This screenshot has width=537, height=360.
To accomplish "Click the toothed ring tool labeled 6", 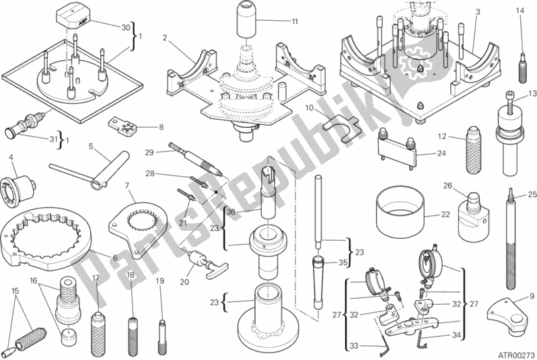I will click(40, 239).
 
